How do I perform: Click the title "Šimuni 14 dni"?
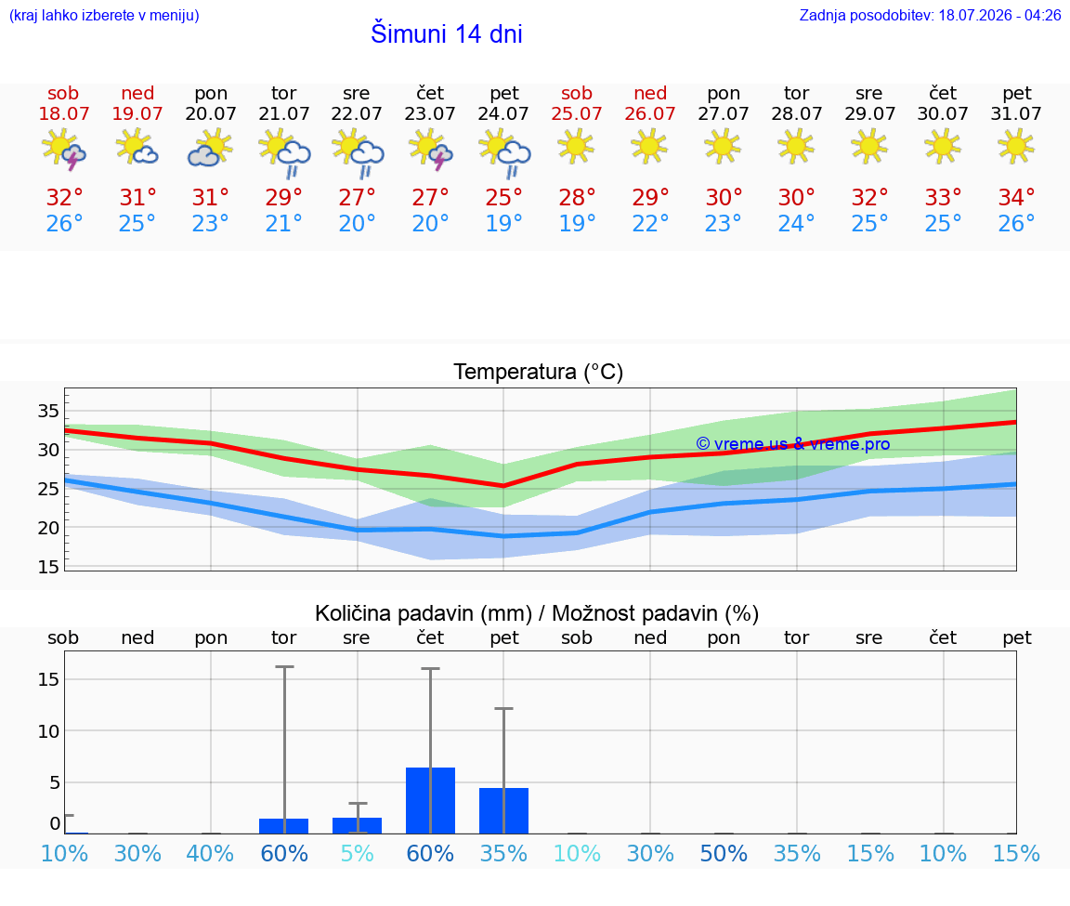point(446,33)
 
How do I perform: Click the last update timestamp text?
point(930,15)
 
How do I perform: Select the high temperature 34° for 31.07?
point(1016,197)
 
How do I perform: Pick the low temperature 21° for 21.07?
point(283,223)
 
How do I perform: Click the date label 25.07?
point(577,113)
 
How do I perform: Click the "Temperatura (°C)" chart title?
point(539,372)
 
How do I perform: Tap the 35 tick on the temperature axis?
point(48,411)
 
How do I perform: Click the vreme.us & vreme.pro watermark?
point(793,444)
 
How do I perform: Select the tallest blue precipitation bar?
point(431,800)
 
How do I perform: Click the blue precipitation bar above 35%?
point(503,810)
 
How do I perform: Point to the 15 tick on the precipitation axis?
point(48,679)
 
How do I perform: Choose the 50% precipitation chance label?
point(724,853)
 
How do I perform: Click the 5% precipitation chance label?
point(357,853)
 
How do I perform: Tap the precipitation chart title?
point(537,613)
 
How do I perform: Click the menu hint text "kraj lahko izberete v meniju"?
point(104,15)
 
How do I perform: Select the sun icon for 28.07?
point(796,146)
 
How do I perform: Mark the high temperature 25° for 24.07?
point(503,197)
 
